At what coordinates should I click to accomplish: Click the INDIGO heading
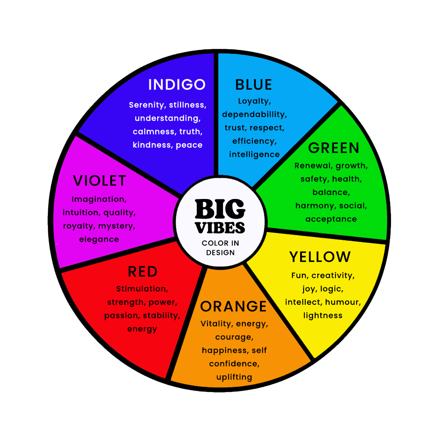click(x=177, y=85)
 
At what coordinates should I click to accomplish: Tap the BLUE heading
click(x=254, y=85)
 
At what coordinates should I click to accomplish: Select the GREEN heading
click(x=334, y=148)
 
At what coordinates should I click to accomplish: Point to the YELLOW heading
click(x=320, y=257)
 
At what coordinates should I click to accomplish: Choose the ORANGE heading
click(x=234, y=306)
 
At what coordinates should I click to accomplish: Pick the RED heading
click(x=143, y=272)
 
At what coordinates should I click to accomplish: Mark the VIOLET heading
click(x=99, y=181)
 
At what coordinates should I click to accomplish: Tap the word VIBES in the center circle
click(x=220, y=227)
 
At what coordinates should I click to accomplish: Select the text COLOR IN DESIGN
click(x=220, y=248)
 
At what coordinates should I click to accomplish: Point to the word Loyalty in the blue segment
click(x=254, y=101)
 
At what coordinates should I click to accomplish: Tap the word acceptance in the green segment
click(x=331, y=219)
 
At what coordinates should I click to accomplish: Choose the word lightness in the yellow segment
click(x=323, y=315)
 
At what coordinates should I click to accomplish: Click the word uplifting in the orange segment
click(x=234, y=377)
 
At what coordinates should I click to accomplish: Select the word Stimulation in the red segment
click(x=142, y=289)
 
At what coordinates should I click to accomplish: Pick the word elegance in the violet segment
click(x=99, y=239)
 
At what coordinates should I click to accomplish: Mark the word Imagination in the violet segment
click(x=98, y=199)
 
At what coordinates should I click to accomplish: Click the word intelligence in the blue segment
click(x=254, y=154)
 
